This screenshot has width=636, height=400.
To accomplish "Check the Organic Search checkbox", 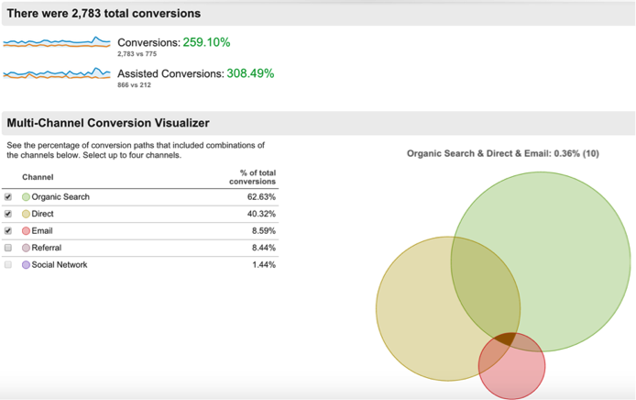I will click(8, 197).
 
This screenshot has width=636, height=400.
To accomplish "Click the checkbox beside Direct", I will click(8, 214).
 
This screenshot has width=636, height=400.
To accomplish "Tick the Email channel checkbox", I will click(8, 230).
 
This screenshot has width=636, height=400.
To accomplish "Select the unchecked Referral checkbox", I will click(8, 248).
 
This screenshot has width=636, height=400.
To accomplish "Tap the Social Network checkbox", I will click(8, 264).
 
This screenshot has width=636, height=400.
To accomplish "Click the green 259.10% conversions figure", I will click(206, 42).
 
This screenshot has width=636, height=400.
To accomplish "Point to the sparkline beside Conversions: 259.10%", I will click(57, 42).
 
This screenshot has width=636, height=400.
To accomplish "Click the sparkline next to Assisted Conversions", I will click(57, 73).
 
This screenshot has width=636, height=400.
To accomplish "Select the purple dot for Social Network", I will click(26, 264).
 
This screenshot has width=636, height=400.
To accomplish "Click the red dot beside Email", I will click(26, 231).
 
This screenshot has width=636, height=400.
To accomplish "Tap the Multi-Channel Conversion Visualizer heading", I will click(108, 123).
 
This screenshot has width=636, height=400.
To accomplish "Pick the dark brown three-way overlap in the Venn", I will click(503, 339).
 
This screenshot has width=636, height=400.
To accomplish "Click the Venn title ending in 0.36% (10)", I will click(502, 153).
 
